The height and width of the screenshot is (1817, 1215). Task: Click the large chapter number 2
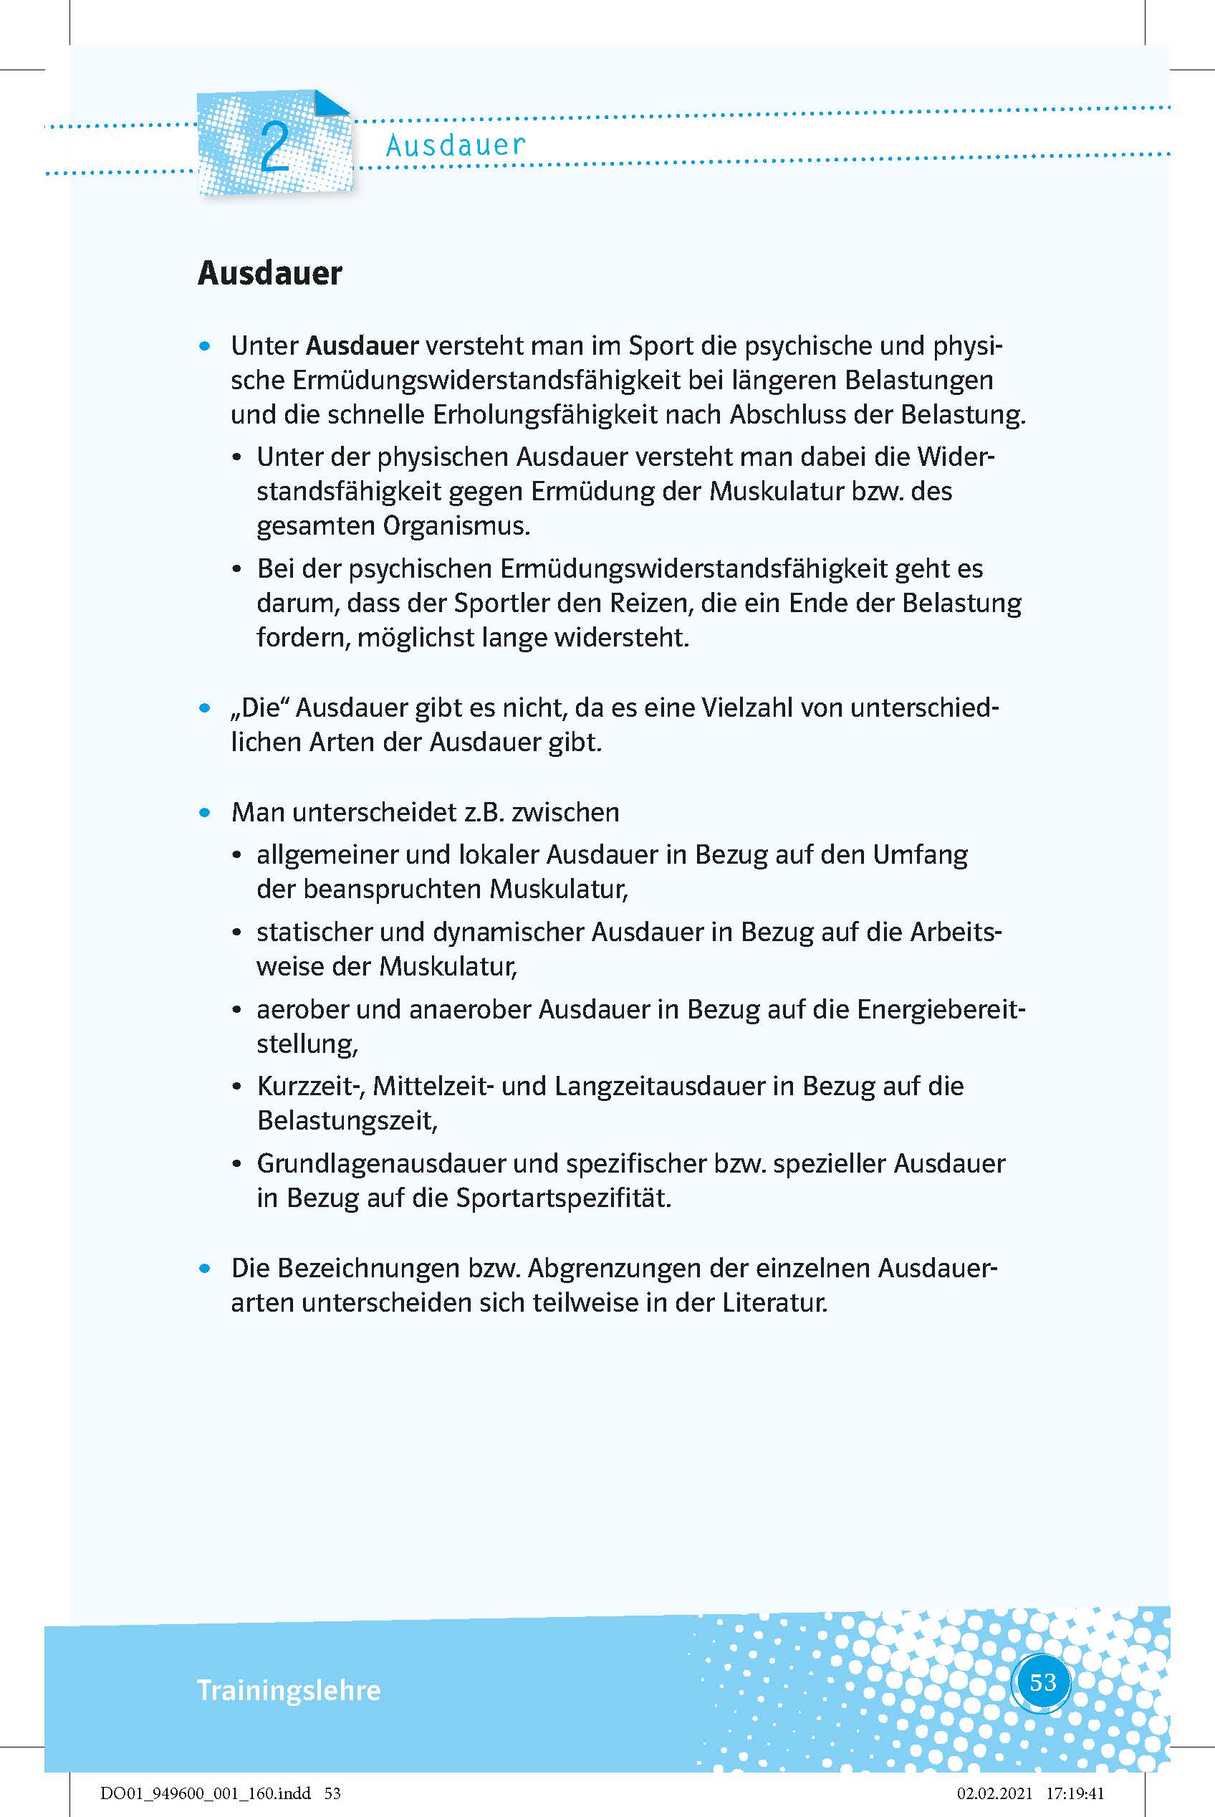[x=275, y=147]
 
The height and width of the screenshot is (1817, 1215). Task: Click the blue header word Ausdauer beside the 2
[x=456, y=145]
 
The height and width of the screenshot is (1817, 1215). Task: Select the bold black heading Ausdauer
[x=269, y=273]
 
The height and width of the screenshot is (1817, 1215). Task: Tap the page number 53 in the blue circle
[x=1043, y=1682]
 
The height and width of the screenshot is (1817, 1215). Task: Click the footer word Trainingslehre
[x=288, y=1690]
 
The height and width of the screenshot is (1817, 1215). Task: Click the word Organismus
[x=456, y=526]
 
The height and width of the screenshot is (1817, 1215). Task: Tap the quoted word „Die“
[x=259, y=707]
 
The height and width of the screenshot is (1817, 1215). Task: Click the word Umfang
[x=921, y=855]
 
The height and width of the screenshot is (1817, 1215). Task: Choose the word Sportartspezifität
[x=562, y=1198]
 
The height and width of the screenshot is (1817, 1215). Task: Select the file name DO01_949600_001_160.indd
[x=206, y=1793]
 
